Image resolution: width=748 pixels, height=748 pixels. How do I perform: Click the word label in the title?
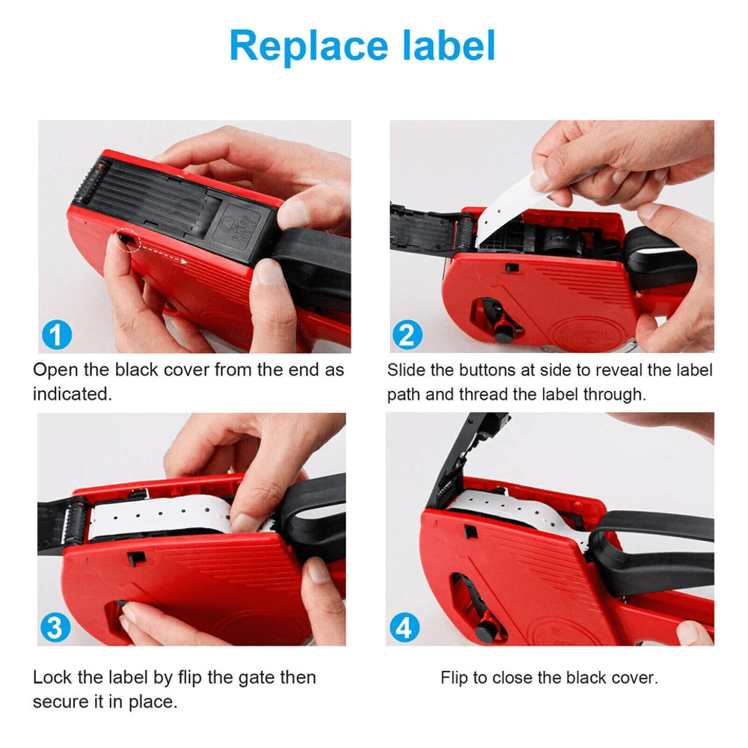pos(448,46)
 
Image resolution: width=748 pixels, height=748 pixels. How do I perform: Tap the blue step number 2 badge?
pos(407,334)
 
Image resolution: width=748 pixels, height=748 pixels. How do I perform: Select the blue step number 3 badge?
pos(55,628)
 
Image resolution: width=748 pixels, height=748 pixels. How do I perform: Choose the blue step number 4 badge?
pos(404,628)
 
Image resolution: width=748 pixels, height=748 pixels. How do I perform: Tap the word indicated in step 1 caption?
pos(73,394)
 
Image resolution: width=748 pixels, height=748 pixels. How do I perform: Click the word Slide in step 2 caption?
pos(405,370)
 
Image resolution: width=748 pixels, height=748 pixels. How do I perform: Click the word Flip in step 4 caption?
pos(453,678)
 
